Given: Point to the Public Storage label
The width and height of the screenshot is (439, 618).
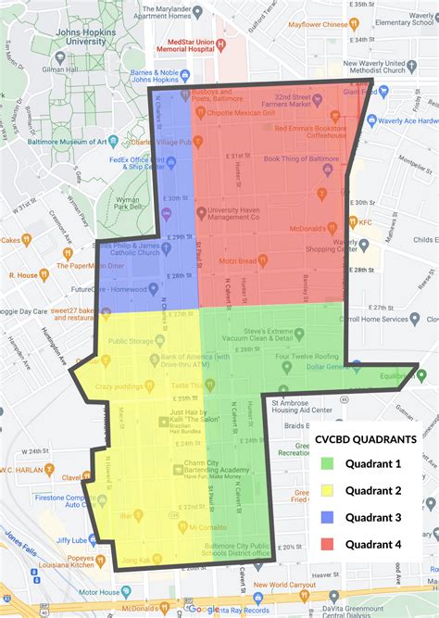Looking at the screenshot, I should click(129, 340).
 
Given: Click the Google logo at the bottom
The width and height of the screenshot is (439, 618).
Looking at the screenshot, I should click(204, 610).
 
